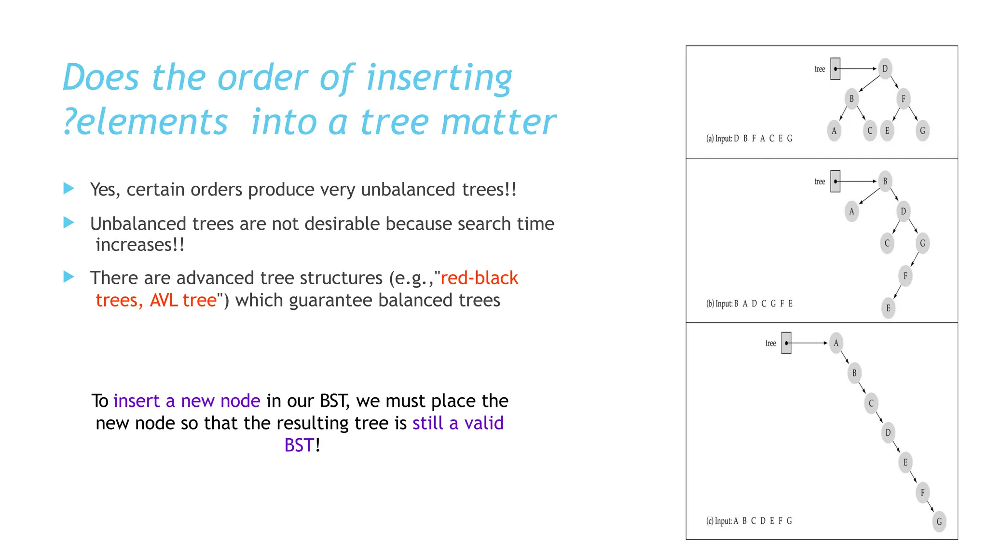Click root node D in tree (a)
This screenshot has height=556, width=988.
(885, 69)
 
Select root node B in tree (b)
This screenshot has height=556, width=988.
(885, 181)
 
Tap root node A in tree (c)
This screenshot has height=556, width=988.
(836, 343)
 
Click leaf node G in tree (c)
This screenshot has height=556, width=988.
(939, 521)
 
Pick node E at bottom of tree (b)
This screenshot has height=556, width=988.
(888, 308)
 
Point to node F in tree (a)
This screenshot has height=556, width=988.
(903, 99)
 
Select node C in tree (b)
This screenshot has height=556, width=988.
(887, 243)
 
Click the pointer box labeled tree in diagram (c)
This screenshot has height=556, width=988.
(786, 343)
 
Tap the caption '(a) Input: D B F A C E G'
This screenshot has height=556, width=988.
(749, 139)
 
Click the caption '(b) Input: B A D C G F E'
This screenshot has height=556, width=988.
(749, 304)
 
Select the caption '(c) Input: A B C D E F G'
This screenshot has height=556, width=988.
(749, 521)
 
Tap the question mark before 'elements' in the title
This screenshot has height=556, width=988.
(69, 122)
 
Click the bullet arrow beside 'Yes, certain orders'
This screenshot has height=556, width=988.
(69, 188)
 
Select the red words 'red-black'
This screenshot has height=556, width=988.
(479, 278)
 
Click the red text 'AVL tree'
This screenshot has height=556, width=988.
(183, 300)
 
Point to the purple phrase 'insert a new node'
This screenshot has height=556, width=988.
(187, 401)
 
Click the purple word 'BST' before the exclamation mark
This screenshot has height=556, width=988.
(299, 445)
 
